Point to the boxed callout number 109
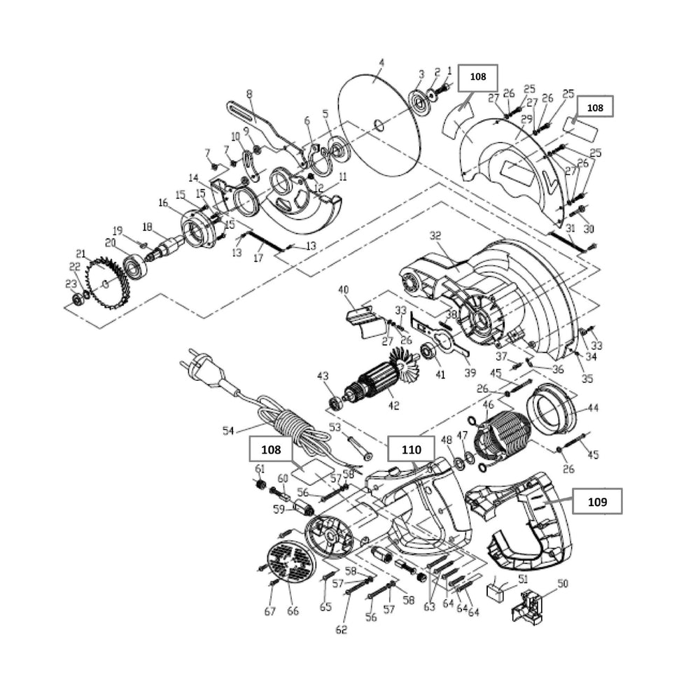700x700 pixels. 596,501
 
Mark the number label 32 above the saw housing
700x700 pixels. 435,235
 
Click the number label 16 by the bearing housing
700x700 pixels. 163,203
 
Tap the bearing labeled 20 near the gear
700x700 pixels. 134,267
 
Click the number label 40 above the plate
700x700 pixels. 343,290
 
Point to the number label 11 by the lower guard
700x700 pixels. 342,177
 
